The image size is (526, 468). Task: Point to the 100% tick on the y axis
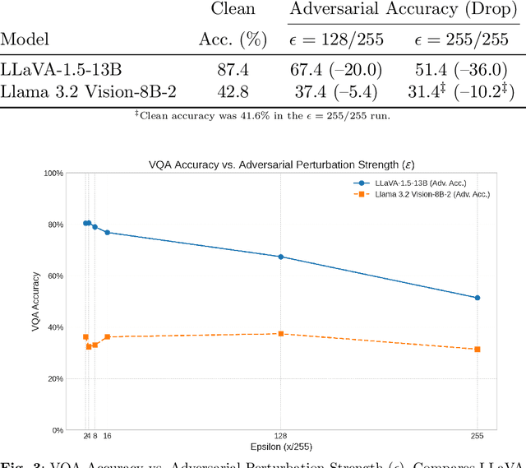point(53,174)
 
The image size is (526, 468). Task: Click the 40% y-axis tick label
point(55,327)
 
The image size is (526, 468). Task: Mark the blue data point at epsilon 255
point(478,298)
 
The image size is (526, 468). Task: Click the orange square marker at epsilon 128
point(281,334)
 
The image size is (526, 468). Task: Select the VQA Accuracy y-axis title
point(35,301)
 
